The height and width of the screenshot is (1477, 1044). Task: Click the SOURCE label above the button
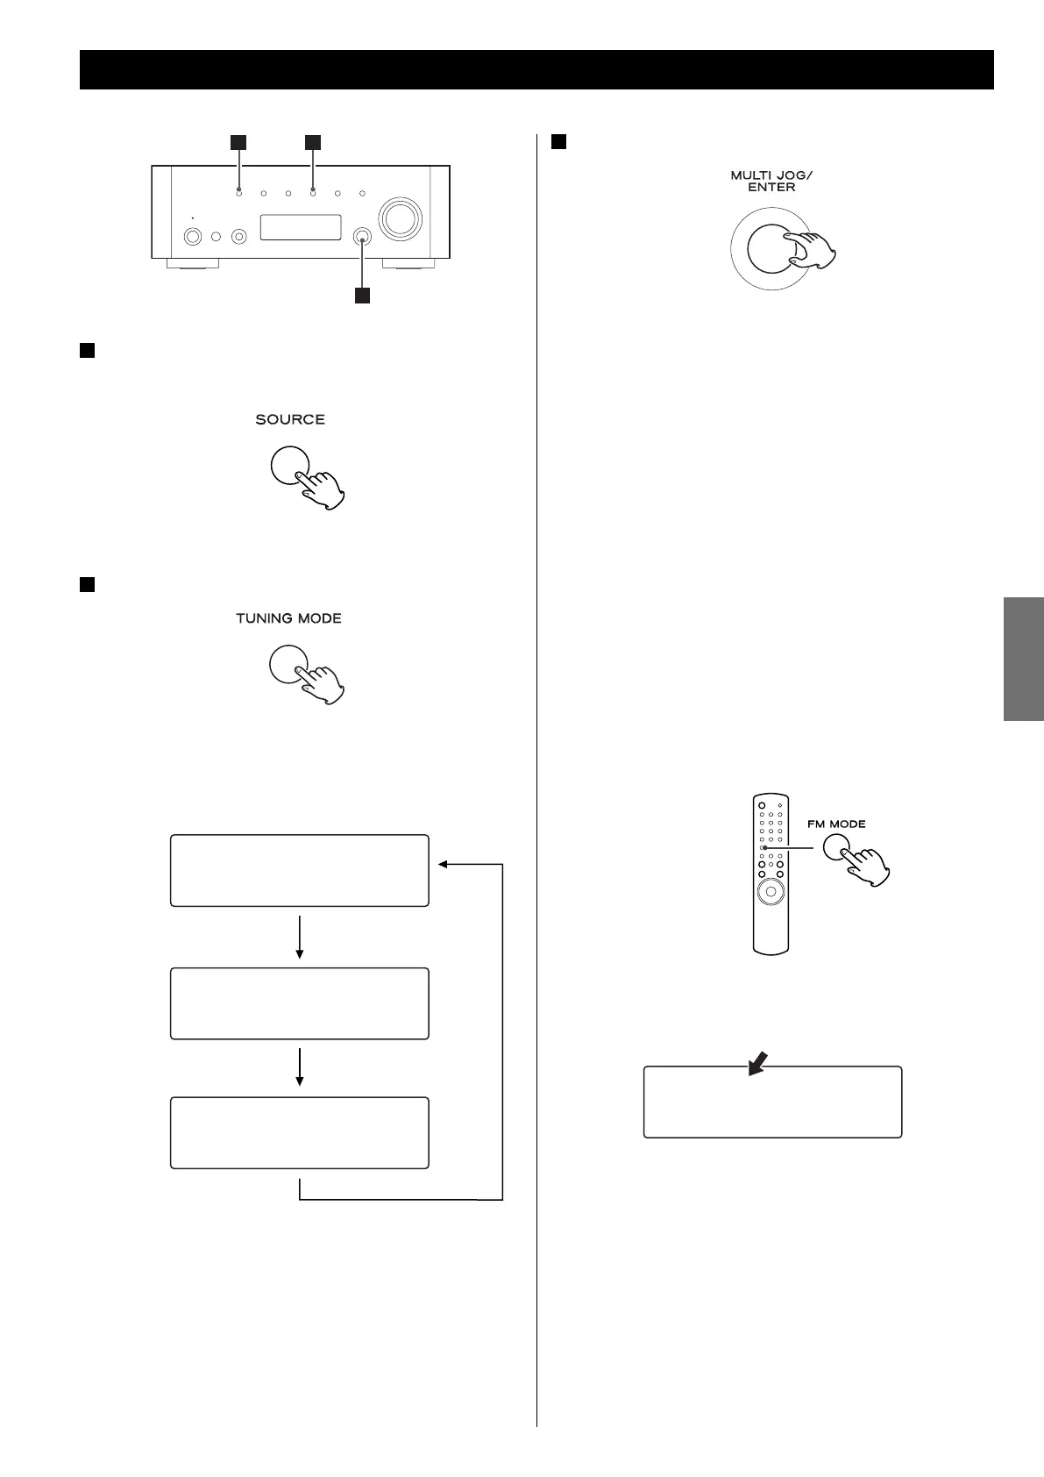click(x=290, y=420)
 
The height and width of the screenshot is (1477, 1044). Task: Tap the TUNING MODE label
click(x=288, y=619)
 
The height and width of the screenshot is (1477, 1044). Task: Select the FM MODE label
click(x=836, y=824)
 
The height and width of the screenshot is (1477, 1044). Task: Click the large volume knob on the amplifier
click(x=399, y=218)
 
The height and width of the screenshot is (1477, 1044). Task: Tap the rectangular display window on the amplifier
click(x=300, y=228)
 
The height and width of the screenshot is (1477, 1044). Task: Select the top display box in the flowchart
click(x=299, y=870)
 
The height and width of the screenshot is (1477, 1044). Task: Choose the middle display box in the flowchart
click(x=299, y=1003)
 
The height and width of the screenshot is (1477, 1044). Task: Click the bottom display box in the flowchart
click(x=299, y=1132)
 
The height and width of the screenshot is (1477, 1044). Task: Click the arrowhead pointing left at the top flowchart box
click(x=444, y=865)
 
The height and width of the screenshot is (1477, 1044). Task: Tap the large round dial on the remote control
click(x=770, y=892)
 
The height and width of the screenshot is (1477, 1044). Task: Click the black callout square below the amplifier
click(x=362, y=296)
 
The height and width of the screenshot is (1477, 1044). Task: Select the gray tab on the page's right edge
click(x=1024, y=659)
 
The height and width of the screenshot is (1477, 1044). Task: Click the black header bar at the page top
click(x=536, y=70)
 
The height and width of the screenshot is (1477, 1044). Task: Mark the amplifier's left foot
click(x=200, y=263)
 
